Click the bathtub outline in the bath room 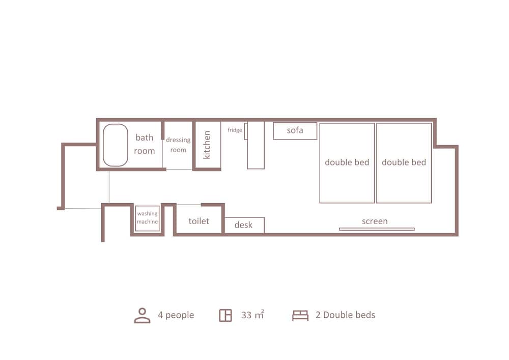click(x=103, y=145)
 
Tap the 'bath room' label click(x=145, y=144)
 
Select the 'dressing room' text click(x=178, y=145)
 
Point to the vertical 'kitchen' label click(x=207, y=145)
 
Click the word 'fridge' click(x=235, y=130)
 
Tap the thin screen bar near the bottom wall click(x=377, y=229)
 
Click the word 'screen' click(x=375, y=221)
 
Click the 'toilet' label click(x=199, y=221)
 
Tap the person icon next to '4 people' click(x=142, y=316)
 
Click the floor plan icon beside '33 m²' click(x=225, y=315)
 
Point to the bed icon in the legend click(x=300, y=316)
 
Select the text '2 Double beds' click(x=345, y=315)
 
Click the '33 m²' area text click(x=252, y=315)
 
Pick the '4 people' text click(x=176, y=315)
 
